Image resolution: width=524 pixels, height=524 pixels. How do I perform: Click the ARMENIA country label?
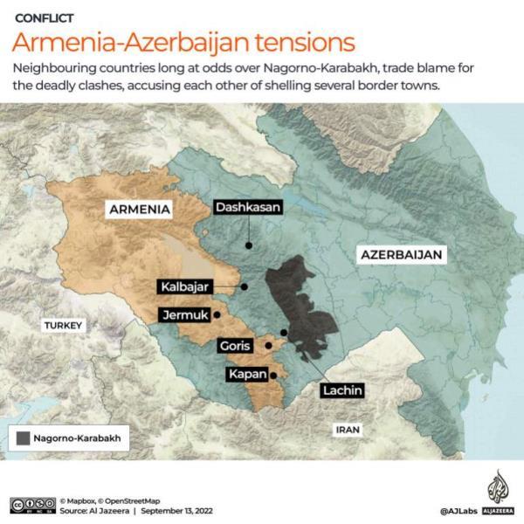[x=139, y=209]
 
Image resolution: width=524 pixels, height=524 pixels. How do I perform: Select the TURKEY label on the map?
[x=64, y=326]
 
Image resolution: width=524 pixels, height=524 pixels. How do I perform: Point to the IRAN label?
[x=348, y=430]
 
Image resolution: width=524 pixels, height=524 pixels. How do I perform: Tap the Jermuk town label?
[x=183, y=315]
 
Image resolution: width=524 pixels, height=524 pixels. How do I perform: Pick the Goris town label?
[x=235, y=345]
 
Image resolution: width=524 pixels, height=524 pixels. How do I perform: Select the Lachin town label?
[x=341, y=390]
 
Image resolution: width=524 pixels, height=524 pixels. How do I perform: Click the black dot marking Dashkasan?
[x=248, y=245]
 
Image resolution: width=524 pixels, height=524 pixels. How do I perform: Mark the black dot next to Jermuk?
[x=216, y=311]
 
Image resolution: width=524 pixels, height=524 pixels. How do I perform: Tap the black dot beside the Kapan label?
[x=273, y=376]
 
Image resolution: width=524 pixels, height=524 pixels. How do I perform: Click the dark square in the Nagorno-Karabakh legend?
[x=22, y=438]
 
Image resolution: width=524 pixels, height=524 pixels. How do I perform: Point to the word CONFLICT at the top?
[x=45, y=17]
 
